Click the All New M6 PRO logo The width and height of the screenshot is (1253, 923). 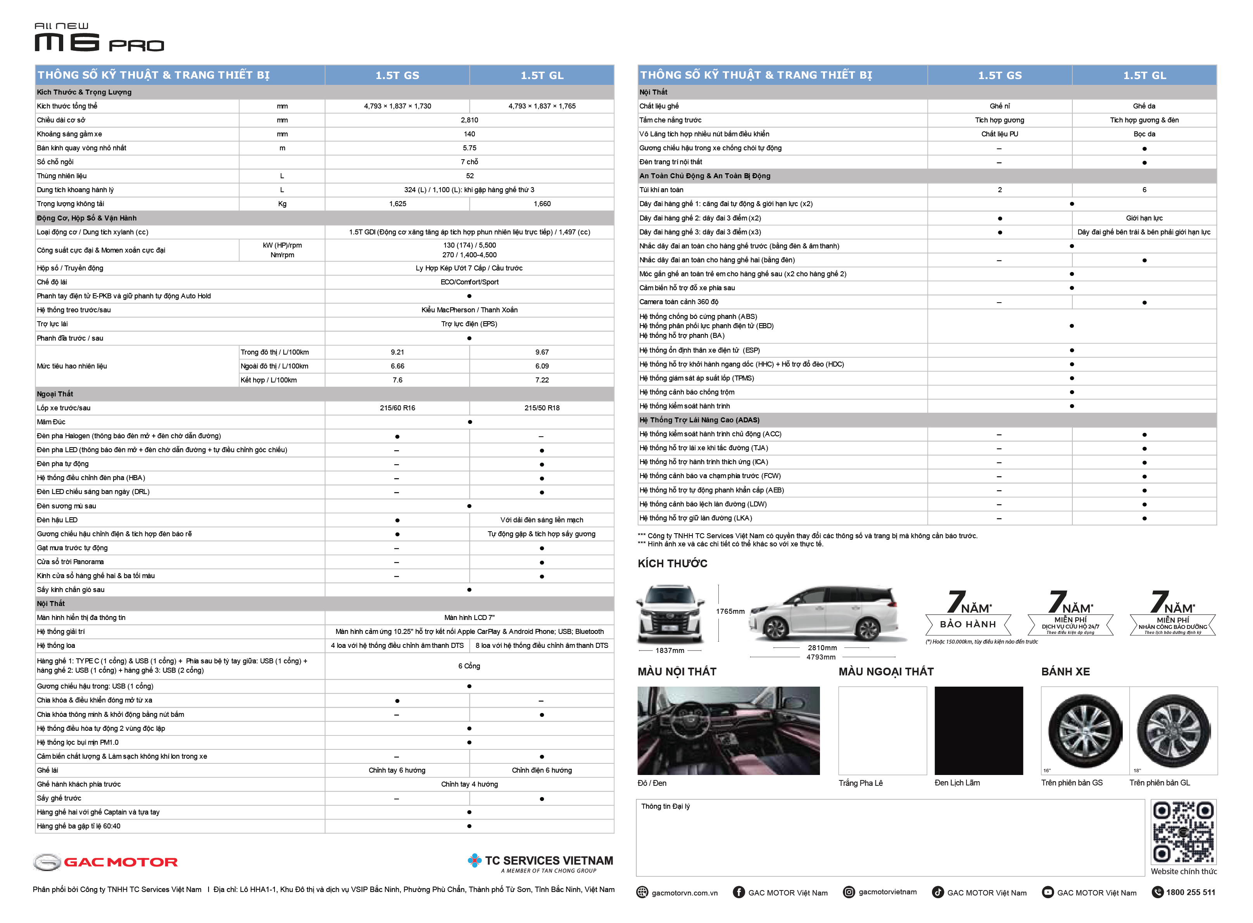pyautogui.click(x=99, y=38)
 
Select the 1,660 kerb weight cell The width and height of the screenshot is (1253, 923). pyautogui.click(x=542, y=204)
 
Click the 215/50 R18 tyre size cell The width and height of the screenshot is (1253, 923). pyautogui.click(x=542, y=408)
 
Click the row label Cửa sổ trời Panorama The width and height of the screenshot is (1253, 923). pyautogui.click(x=71, y=562)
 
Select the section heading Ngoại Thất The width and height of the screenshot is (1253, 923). pyautogui.click(x=55, y=394)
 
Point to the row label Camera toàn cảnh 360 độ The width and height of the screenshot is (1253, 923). pyautogui.click(x=678, y=302)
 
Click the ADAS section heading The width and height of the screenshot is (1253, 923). pyautogui.click(x=699, y=420)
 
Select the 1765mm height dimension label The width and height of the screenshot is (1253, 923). pyautogui.click(x=730, y=611)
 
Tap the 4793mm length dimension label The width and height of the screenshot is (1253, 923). pyautogui.click(x=820, y=658)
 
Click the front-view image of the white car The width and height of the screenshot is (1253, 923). pyautogui.click(x=670, y=615)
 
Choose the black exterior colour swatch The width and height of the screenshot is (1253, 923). pyautogui.click(x=978, y=731)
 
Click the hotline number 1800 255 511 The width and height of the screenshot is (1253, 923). pyautogui.click(x=1190, y=893)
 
